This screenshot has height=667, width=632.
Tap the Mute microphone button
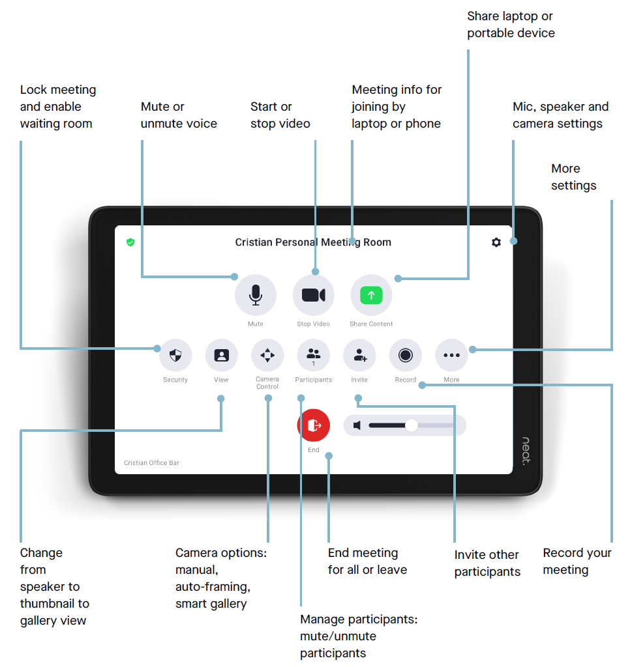(x=256, y=295)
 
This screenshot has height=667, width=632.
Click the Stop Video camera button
(x=313, y=295)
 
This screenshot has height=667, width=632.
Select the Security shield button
(x=175, y=355)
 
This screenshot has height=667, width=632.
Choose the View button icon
(x=222, y=355)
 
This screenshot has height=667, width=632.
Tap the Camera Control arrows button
(x=267, y=355)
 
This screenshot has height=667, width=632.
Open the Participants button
(x=314, y=355)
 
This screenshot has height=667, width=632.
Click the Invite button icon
(x=359, y=355)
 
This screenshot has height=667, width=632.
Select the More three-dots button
(x=451, y=355)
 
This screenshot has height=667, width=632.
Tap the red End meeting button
(x=314, y=425)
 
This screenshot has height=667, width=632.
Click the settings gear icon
(x=496, y=242)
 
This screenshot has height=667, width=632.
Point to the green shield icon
(x=130, y=242)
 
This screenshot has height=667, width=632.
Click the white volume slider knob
(x=412, y=425)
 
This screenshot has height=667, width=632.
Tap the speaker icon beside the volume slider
(x=357, y=425)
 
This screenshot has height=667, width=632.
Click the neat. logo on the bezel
(x=526, y=451)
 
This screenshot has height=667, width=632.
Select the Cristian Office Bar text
(x=151, y=463)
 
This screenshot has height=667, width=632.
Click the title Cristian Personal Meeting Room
(x=313, y=242)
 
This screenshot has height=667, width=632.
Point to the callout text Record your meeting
(x=577, y=561)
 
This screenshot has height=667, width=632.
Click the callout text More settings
(x=573, y=177)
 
